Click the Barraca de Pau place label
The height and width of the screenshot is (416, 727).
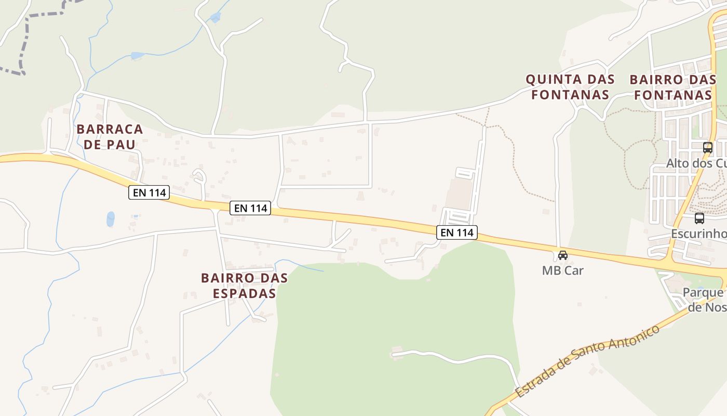[x=110, y=136]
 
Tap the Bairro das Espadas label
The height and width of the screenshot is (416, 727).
[x=244, y=285]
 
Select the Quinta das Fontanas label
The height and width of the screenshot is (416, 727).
[x=570, y=87]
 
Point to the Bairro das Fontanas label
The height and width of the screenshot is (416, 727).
[x=673, y=87]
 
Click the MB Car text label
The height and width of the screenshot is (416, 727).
[x=563, y=270]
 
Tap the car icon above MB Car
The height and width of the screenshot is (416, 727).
[x=563, y=255]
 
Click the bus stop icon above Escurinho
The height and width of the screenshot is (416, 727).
[x=699, y=218]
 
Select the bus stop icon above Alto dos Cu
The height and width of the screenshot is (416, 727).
[x=708, y=147]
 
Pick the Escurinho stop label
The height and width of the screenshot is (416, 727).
[x=698, y=233]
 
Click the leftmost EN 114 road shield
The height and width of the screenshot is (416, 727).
[x=150, y=192]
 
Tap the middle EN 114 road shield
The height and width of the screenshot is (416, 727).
[x=251, y=208]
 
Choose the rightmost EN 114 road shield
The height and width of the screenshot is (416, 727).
[x=457, y=232]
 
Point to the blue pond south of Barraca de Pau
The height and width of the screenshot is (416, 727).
[x=111, y=219]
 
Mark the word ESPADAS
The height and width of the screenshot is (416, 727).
[x=244, y=293]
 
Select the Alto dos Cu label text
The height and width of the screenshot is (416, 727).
[x=696, y=163]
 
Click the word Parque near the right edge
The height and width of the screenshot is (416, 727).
[x=704, y=292]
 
